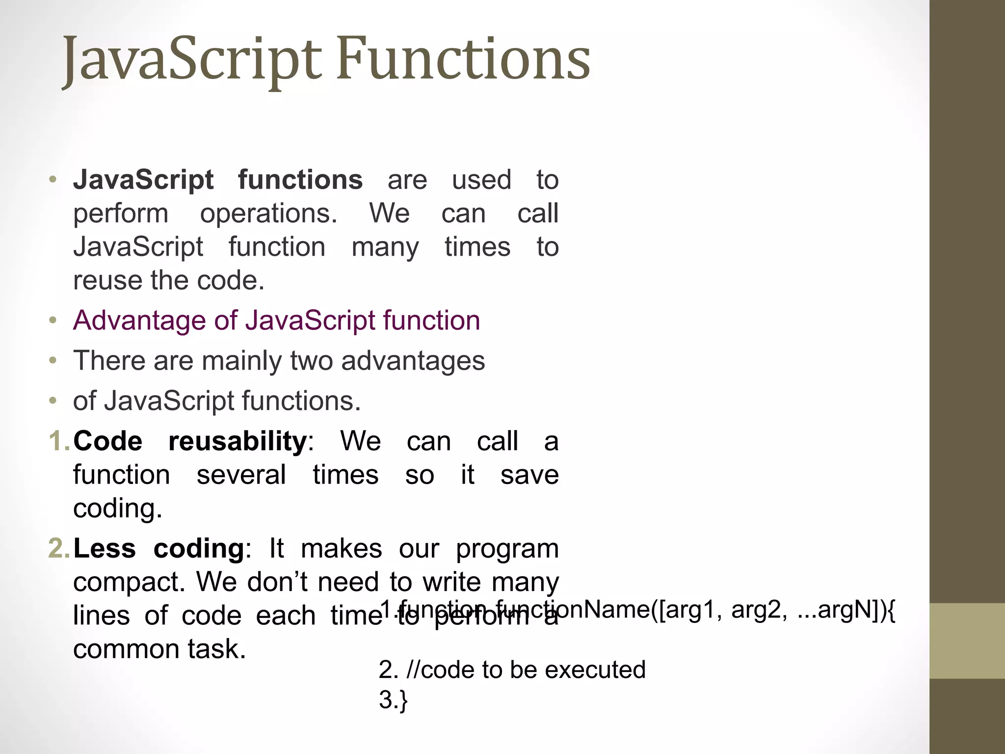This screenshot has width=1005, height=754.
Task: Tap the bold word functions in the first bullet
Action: click(300, 180)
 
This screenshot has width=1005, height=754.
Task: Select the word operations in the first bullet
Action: click(268, 214)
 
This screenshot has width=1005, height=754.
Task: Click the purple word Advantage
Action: click(139, 321)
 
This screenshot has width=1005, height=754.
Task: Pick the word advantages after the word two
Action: click(412, 362)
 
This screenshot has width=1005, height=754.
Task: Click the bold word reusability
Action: click(238, 441)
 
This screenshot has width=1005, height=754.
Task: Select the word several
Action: click(241, 475)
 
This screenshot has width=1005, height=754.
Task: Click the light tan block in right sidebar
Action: click(967, 641)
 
